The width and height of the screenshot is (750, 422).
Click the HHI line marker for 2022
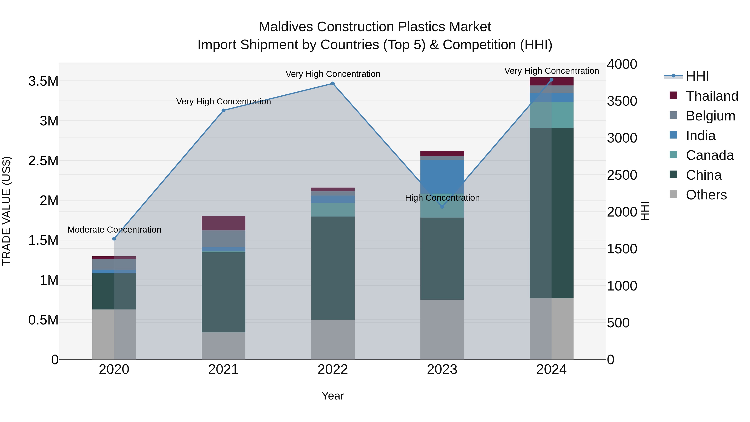tap(333, 84)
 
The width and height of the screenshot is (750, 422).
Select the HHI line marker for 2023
tap(442, 207)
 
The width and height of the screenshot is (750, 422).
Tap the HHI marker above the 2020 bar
tap(114, 239)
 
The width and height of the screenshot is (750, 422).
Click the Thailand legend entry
tap(712, 96)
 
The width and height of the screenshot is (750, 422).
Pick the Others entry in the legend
tap(706, 195)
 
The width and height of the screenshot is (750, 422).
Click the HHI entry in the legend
tap(697, 76)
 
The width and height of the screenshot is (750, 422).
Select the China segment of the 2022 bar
tap(333, 268)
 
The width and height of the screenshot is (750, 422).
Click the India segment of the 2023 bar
tap(442, 177)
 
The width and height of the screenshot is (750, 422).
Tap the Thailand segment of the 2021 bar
tap(223, 223)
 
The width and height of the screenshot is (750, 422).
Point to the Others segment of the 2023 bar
tap(442, 329)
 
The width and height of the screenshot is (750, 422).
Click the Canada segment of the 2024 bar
tap(551, 115)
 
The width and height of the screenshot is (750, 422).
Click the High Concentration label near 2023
tap(442, 198)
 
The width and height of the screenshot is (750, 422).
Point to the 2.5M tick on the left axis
tap(43, 161)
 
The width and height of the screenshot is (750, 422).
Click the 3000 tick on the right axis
tap(622, 138)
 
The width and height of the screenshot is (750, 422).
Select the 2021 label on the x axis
tap(223, 369)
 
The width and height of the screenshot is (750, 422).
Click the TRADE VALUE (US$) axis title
tap(6, 211)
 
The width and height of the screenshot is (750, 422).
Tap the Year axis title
tap(332, 396)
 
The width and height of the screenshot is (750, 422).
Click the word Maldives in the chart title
tap(286, 27)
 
